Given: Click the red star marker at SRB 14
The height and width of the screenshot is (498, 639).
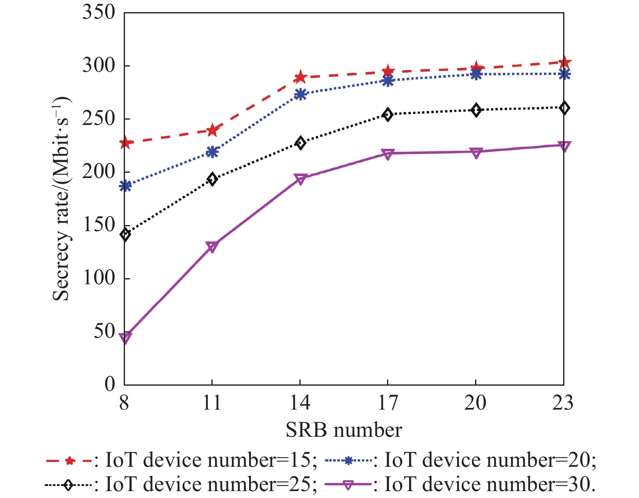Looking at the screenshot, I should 300,77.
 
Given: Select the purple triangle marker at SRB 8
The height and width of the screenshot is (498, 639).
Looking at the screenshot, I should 125,338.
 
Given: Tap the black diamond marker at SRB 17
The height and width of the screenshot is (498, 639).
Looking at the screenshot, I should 388,115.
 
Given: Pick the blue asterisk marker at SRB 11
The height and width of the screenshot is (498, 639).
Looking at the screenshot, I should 212,152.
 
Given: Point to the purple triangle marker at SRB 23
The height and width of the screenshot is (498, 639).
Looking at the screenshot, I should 564,146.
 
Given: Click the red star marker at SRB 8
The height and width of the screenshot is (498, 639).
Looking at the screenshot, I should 125,143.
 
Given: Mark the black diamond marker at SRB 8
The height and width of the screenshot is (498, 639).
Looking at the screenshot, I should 125,234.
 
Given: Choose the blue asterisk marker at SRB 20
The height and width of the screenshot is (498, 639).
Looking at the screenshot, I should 476,74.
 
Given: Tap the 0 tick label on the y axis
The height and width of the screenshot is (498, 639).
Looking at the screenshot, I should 110,384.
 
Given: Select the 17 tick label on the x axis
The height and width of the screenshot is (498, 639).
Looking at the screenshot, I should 388,403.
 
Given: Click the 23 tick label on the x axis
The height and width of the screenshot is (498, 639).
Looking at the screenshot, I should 563,403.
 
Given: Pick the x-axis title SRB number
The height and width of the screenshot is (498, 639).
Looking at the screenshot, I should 344,430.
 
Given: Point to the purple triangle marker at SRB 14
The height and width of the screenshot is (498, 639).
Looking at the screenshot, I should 300,179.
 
